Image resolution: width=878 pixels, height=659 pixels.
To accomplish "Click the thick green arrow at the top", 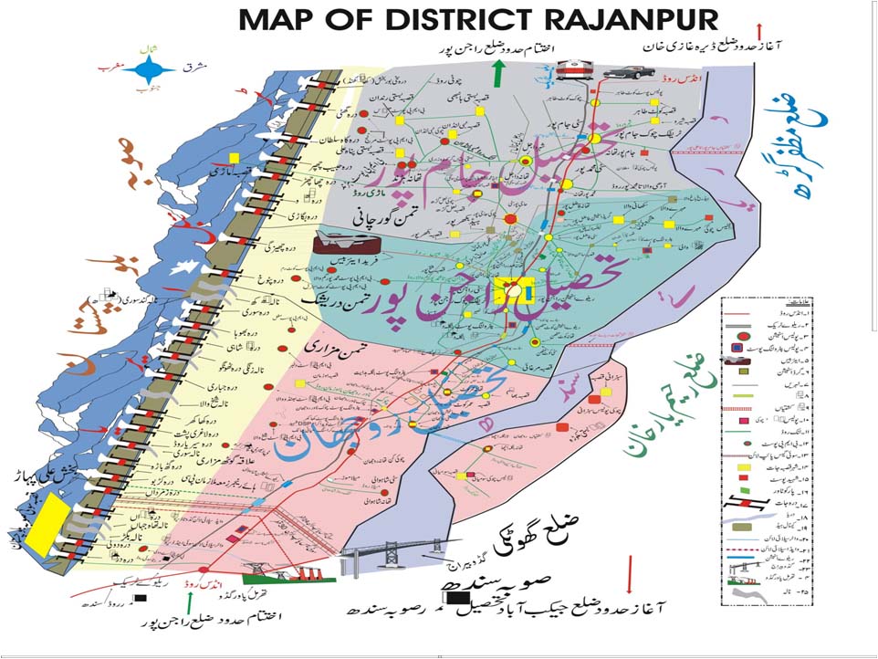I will pos(496,74).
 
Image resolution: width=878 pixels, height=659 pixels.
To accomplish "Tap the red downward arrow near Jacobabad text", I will pos(629,574).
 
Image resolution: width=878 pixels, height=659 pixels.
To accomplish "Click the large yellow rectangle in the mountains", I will pos(46,524).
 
